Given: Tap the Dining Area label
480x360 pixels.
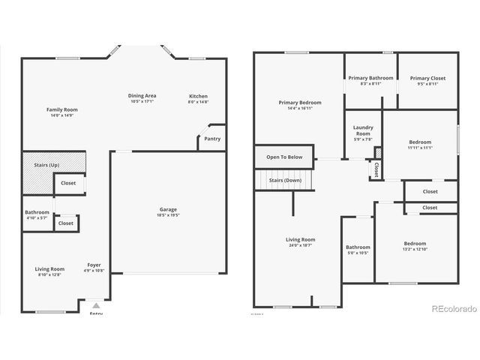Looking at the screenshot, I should tap(142, 98).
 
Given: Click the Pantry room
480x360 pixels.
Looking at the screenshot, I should tap(212, 139).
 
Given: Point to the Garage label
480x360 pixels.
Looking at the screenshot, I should tap(168, 212).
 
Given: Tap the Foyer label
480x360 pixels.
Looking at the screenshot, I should tap(94, 267).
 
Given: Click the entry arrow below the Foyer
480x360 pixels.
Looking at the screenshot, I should tap(95, 306).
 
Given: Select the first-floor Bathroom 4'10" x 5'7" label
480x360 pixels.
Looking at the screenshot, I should tap(37, 215).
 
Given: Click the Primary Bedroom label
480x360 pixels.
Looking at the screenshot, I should tap(300, 105).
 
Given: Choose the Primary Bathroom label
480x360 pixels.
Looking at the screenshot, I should tap(370, 80).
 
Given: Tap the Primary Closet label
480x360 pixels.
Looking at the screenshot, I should tap(427, 80).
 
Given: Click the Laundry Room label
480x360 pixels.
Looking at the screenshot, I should tap(363, 133).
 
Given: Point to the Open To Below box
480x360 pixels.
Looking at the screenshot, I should tap(284, 157).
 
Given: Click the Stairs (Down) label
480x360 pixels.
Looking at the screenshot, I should tap(285, 180).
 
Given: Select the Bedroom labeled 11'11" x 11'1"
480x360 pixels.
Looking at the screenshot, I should tap(420, 145).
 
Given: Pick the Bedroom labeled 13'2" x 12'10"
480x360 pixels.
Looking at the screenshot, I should tap(415, 246).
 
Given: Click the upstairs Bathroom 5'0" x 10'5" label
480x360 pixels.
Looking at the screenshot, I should tap(358, 250).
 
